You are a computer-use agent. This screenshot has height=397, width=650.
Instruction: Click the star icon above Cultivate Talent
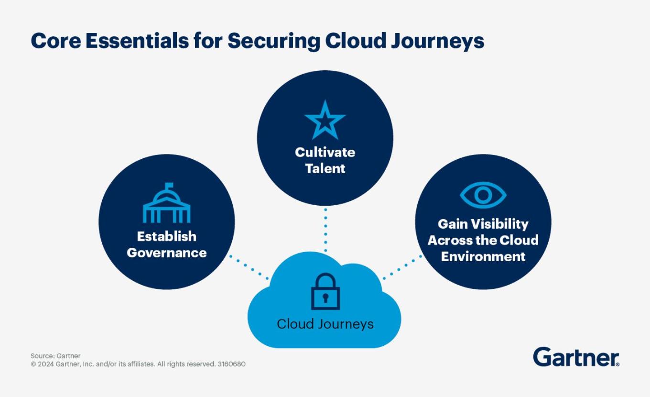(x=325, y=120)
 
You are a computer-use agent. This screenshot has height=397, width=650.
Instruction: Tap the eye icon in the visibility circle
(x=483, y=195)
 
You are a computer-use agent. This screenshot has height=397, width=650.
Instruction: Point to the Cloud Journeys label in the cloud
(x=325, y=324)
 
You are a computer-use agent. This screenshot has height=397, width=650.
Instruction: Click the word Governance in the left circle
(x=167, y=253)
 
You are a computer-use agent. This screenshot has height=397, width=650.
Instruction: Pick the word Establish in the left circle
(x=167, y=236)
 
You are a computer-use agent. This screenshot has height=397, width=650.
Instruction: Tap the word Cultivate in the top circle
(x=325, y=152)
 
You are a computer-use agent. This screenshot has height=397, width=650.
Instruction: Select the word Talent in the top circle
(x=325, y=168)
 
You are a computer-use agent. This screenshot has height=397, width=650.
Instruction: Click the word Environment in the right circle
(x=483, y=256)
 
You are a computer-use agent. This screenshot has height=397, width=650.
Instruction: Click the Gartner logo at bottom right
(x=576, y=357)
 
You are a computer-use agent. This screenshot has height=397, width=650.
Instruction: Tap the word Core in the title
(x=54, y=41)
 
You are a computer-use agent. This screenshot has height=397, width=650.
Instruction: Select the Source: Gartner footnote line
(x=55, y=356)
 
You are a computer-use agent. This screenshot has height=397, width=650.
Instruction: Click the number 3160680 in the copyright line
(x=231, y=364)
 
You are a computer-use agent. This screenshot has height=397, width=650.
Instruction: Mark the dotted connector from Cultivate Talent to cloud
(x=325, y=230)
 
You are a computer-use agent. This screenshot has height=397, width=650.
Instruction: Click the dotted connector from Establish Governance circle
(x=249, y=267)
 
